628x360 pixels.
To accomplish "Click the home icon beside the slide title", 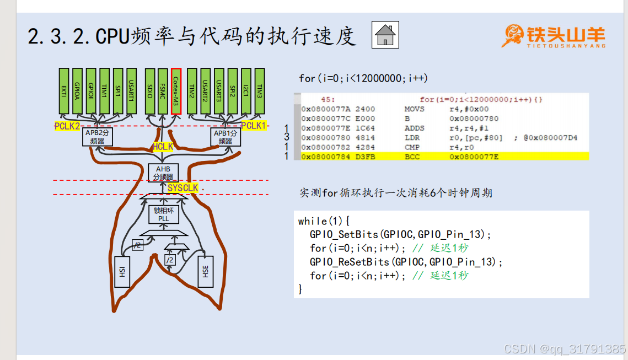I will pyautogui.click(x=385, y=35).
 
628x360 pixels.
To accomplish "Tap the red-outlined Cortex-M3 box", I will pyautogui.click(x=176, y=91).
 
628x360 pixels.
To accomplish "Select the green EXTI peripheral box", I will pyautogui.click(x=64, y=91).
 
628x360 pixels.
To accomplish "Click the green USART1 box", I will pyautogui.click(x=131, y=91).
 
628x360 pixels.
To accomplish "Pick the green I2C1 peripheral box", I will pyautogui.click(x=246, y=91).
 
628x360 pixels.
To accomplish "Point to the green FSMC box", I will pyautogui.click(x=163, y=91).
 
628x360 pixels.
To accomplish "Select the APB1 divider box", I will pyautogui.click(x=225, y=137).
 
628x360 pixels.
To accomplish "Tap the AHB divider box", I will pyautogui.click(x=163, y=173).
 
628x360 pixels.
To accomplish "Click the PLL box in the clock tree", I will pyautogui.click(x=163, y=214).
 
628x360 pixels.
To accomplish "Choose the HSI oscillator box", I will pyautogui.click(x=122, y=271).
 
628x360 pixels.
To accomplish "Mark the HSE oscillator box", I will pyautogui.click(x=205, y=271).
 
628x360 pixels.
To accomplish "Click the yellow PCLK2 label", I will pyautogui.click(x=67, y=126).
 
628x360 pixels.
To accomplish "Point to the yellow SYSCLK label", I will pyautogui.click(x=183, y=189).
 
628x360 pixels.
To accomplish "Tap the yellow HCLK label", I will pyautogui.click(x=163, y=147).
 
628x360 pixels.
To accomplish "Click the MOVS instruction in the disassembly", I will pyautogui.click(x=414, y=109).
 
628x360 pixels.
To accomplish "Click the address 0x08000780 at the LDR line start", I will pyautogui.click(x=325, y=138).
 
